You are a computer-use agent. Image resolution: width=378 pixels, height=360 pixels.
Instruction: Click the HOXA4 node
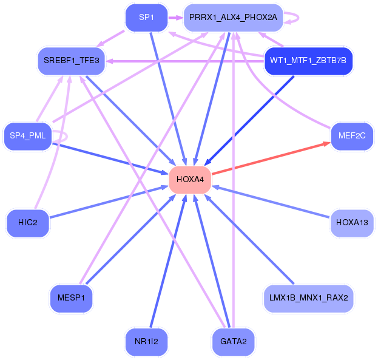click(190, 180)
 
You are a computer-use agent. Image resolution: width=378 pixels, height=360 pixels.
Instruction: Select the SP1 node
click(147, 18)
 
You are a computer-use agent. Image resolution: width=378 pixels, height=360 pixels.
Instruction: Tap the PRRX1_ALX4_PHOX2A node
click(233, 18)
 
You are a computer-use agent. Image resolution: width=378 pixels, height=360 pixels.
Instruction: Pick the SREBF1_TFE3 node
click(72, 61)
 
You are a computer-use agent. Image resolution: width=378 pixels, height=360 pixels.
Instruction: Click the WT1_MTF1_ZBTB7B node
click(308, 61)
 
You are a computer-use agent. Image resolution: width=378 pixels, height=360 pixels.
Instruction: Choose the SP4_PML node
click(28, 136)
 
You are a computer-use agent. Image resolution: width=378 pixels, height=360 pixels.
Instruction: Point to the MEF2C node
click(352, 136)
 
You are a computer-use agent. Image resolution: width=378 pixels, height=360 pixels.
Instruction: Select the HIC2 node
click(28, 223)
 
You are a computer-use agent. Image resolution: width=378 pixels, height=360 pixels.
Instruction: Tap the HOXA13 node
click(352, 223)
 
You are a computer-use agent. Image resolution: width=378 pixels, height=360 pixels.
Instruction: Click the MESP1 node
click(72, 298)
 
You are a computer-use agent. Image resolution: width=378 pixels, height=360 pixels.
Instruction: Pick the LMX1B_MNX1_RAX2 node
click(308, 298)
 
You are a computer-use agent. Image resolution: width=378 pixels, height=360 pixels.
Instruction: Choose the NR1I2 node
click(147, 342)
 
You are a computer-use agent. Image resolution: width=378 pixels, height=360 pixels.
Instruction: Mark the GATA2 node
click(233, 342)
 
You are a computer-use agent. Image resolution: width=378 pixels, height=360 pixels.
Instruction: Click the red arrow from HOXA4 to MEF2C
click(271, 158)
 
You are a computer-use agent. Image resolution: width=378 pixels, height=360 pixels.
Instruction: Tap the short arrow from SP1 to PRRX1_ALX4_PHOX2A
click(176, 18)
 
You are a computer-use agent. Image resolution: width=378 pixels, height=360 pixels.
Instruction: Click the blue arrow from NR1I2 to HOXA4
click(168, 261)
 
